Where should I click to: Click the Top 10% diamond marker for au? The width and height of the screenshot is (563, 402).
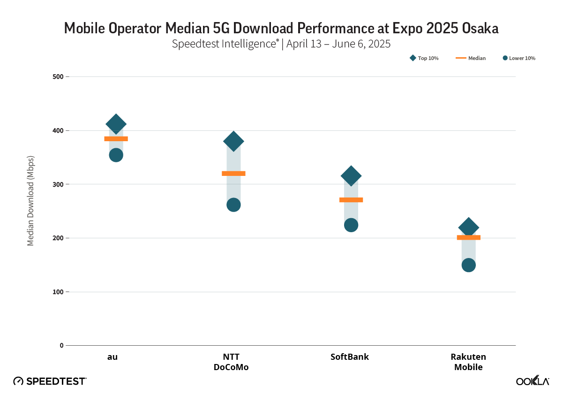[x=116, y=124]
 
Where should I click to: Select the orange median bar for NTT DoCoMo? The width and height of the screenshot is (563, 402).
[x=233, y=174]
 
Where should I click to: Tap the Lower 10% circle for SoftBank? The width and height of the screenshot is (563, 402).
[x=351, y=225]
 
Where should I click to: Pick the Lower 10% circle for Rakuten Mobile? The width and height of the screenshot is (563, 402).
[x=468, y=265]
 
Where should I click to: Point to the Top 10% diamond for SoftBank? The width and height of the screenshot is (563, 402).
[x=351, y=176]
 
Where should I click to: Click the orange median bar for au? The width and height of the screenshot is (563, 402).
[x=116, y=139]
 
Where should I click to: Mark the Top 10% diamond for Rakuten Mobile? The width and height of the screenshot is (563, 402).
[x=468, y=228]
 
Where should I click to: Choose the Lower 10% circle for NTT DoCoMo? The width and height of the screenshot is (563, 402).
[x=233, y=205]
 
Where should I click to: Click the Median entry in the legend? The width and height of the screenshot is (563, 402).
[x=471, y=58]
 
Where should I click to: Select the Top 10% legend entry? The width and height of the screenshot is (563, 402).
[x=424, y=58]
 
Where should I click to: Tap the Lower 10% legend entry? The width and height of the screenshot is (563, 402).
[x=519, y=58]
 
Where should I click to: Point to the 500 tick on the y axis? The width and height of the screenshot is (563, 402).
[x=58, y=76]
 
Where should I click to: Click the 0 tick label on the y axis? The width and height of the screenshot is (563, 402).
[x=61, y=346]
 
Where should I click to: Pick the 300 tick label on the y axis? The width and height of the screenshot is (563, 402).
[x=58, y=184]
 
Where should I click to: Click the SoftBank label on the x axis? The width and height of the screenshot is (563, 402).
[x=350, y=357]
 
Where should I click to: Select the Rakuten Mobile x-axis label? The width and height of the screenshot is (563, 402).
[x=468, y=362]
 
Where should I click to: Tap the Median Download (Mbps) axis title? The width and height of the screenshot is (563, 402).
[x=30, y=200]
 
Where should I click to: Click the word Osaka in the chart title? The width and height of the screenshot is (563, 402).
[x=480, y=28]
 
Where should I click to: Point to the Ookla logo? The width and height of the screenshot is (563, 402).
[x=533, y=381]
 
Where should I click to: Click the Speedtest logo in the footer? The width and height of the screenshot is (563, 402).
[x=50, y=381]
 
